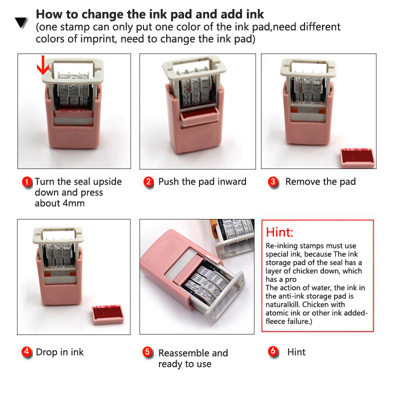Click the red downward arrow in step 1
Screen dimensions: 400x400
[43, 65]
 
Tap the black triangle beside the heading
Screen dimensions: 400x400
[21, 22]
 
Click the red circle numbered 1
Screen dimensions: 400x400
[27, 182]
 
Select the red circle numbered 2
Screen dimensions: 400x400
[148, 182]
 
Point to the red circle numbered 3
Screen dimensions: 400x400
[273, 182]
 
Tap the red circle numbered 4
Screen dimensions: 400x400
[26, 352]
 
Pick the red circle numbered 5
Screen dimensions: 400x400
[147, 352]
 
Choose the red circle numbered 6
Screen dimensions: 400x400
[273, 351]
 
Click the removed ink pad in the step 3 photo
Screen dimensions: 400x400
[357, 158]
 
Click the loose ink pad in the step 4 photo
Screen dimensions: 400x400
[107, 314]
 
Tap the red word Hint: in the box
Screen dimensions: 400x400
[279, 232]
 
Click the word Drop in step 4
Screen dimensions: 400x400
[46, 352]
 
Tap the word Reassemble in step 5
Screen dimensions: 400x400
[183, 353]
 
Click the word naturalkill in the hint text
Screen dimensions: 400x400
[282, 304]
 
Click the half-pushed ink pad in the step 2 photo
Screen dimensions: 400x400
[199, 117]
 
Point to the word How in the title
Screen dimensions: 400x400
[49, 14]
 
